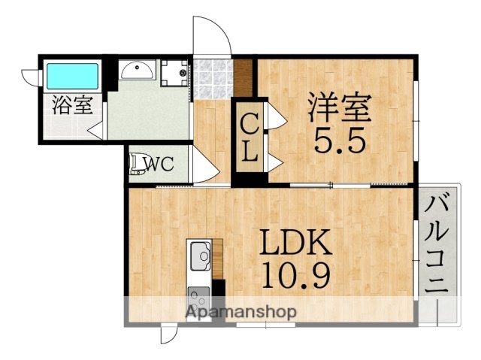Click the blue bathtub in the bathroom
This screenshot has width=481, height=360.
pos(73,75)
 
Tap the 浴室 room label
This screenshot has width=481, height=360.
pos(72,104)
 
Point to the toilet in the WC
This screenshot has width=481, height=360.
pos(137,164)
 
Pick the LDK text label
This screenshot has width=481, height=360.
pos(295,245)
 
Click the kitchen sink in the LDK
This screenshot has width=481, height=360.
pos(201,256)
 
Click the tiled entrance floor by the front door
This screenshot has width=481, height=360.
pos(212,77)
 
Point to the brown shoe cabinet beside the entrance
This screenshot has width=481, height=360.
pos(244,73)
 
